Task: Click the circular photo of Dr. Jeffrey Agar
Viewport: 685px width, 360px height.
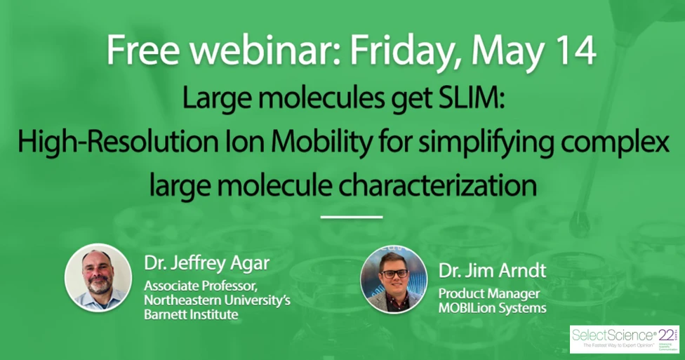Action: click(x=98, y=278)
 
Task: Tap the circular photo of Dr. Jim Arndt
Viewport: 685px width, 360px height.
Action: click(x=393, y=279)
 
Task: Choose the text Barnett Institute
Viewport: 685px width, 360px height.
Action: click(x=191, y=315)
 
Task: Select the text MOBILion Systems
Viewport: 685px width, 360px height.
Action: click(x=493, y=308)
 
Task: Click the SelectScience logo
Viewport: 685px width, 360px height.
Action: click(x=623, y=338)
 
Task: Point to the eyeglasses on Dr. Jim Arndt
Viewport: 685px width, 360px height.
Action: click(x=394, y=274)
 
